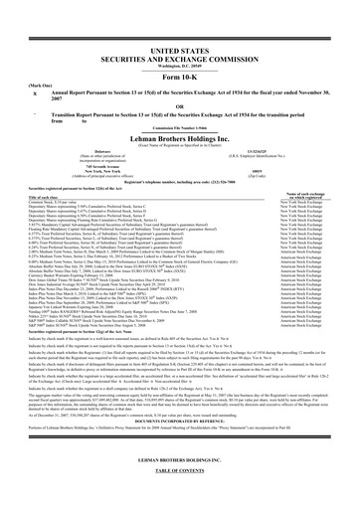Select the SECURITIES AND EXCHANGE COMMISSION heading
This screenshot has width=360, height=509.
180,57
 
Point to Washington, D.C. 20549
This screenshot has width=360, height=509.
180,65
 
